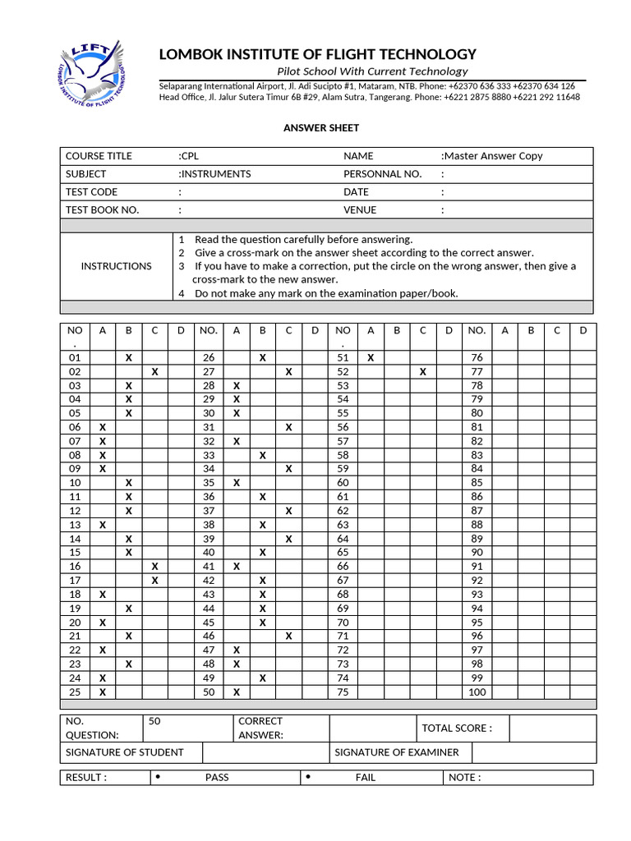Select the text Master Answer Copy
(493, 156)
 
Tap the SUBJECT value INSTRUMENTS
(216, 174)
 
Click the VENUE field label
(360, 210)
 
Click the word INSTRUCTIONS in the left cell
(116, 266)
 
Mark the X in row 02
(154, 372)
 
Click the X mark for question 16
(154, 567)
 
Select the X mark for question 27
(288, 372)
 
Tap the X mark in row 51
(371, 358)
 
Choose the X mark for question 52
(422, 372)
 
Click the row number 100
(477, 692)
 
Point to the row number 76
(477, 358)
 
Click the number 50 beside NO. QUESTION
(154, 721)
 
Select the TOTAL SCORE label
(456, 728)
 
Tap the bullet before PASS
(157, 777)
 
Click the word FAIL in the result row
(365, 778)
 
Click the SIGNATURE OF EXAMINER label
(397, 752)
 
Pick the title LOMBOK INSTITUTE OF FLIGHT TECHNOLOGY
(317, 54)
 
